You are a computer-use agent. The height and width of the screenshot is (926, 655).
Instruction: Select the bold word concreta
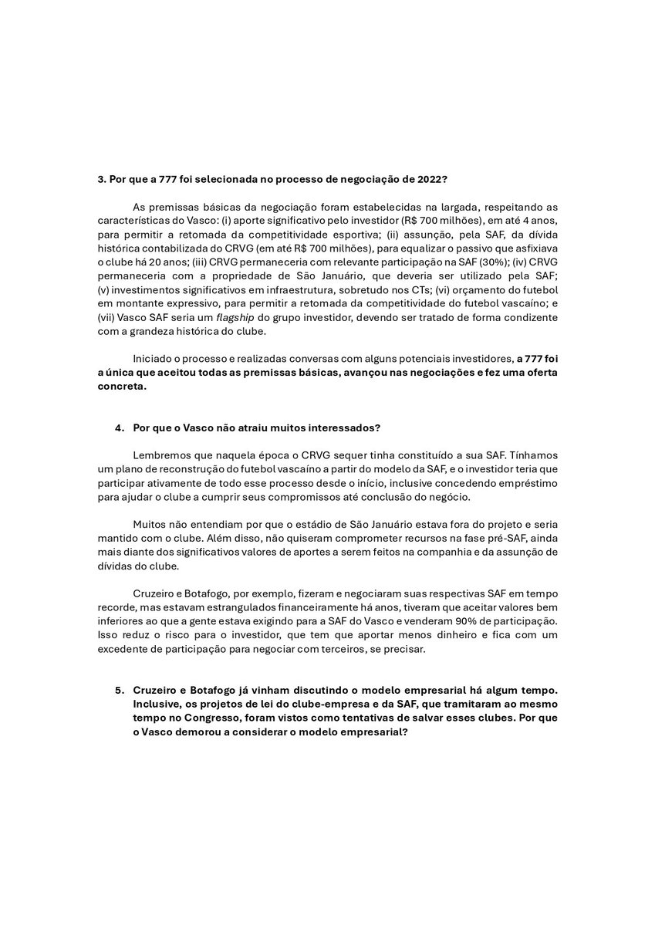(x=120, y=387)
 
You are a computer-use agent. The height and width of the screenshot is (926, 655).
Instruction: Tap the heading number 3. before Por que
(x=101, y=179)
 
